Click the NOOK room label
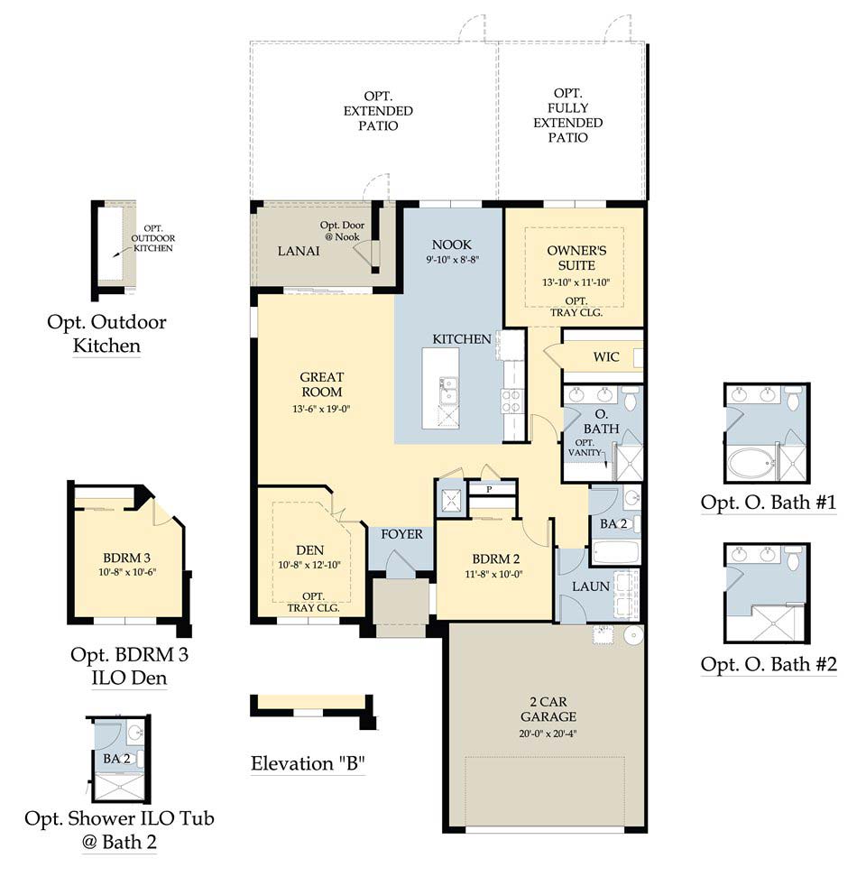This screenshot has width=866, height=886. [451, 245]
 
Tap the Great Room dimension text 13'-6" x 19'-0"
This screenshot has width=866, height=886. [321, 409]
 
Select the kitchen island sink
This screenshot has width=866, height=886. [448, 391]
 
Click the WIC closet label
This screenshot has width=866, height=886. [606, 356]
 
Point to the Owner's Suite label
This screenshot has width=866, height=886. [576, 258]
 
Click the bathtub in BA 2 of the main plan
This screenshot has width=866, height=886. [615, 551]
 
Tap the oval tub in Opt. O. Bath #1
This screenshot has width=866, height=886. [752, 463]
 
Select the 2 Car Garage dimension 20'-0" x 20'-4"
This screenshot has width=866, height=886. [548, 734]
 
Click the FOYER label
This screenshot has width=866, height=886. [401, 534]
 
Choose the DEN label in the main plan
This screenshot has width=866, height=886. [310, 549]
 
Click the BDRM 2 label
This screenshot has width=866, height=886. [496, 558]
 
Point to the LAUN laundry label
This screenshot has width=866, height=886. [591, 586]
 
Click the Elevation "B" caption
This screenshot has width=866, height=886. [308, 763]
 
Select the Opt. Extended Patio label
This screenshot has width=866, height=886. [378, 111]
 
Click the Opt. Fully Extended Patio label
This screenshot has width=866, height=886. [567, 115]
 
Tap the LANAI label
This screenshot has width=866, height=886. [299, 251]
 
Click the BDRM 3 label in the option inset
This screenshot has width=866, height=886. [126, 558]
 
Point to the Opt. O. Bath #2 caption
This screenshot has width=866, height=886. [769, 664]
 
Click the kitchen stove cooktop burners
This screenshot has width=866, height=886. [511, 401]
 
